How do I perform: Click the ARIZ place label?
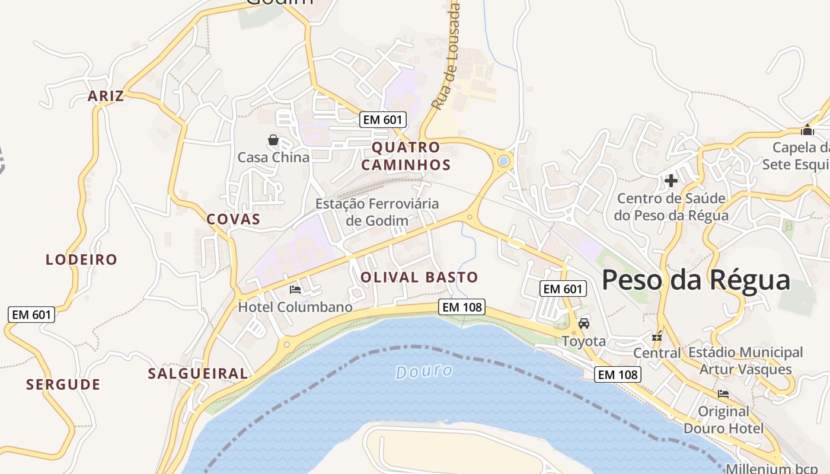106,96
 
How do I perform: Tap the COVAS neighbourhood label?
233,219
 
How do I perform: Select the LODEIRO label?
82,260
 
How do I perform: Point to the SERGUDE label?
63,385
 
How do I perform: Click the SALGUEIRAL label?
198,374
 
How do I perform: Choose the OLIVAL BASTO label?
419,277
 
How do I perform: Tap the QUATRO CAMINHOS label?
406,156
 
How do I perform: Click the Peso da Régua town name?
696,280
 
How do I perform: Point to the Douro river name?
424,371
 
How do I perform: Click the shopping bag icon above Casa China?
273,140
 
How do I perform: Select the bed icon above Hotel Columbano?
295,290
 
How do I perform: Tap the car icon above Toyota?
584,324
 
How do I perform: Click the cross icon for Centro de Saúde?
671,180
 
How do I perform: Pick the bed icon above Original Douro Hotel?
723,393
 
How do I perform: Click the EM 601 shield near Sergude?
32,315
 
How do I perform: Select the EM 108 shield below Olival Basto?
462,307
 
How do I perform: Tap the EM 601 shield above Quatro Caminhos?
383,120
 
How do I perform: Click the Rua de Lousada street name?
446,56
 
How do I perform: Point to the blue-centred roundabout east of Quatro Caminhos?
504,161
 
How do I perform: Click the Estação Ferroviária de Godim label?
377,212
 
